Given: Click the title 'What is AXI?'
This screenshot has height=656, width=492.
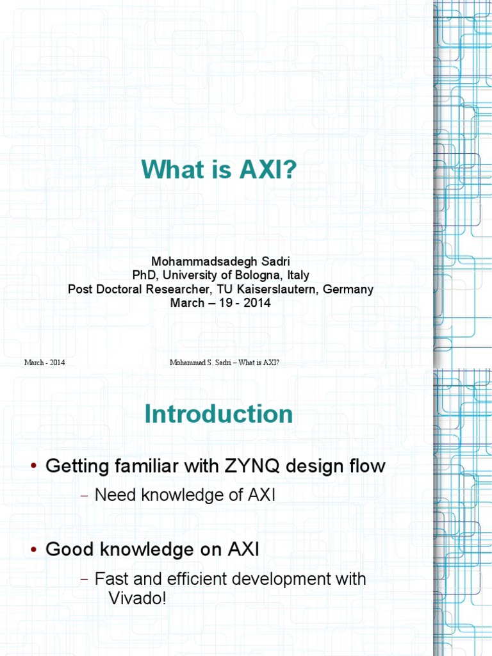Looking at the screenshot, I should point(220,169).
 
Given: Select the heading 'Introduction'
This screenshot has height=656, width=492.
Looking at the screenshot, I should point(218,414).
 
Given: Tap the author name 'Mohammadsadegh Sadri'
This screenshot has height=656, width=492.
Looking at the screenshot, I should point(220,262).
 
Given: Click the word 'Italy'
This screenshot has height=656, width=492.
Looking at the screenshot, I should point(297,275).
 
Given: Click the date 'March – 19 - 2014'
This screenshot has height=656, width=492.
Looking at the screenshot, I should point(220,302).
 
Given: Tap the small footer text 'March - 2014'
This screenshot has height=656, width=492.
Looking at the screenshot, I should point(44,363).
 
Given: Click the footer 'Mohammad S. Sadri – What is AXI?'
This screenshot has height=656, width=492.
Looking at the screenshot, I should point(224,363).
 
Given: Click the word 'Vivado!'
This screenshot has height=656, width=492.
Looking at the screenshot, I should point(136,600).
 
